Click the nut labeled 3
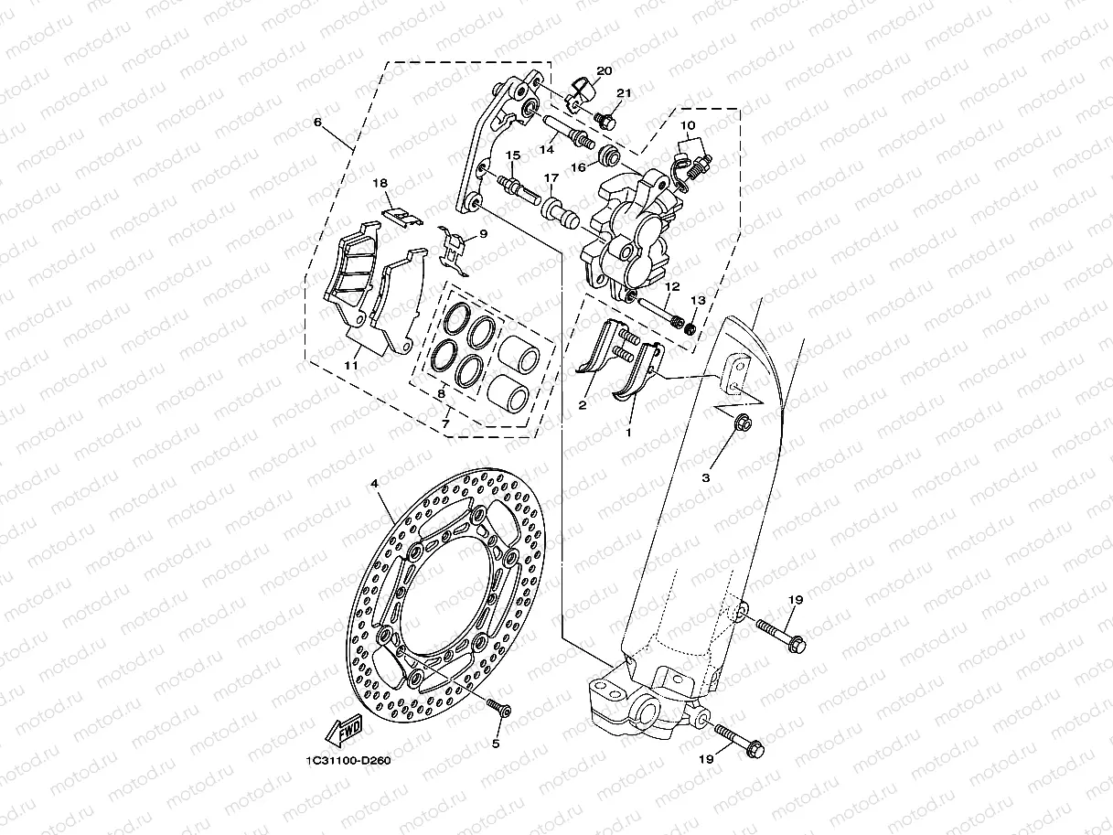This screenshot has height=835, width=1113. coord(742,422)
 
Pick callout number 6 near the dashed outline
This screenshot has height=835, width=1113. coord(317,121)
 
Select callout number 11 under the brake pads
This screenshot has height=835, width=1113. coord(351,364)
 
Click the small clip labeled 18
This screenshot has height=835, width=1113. coord(401,216)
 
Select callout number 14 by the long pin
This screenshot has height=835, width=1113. coord(548,148)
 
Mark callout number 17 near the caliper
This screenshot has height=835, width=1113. coord(577,177)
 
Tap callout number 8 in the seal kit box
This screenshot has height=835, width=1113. coord(441,393)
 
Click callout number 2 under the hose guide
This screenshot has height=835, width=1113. coord(583,404)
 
